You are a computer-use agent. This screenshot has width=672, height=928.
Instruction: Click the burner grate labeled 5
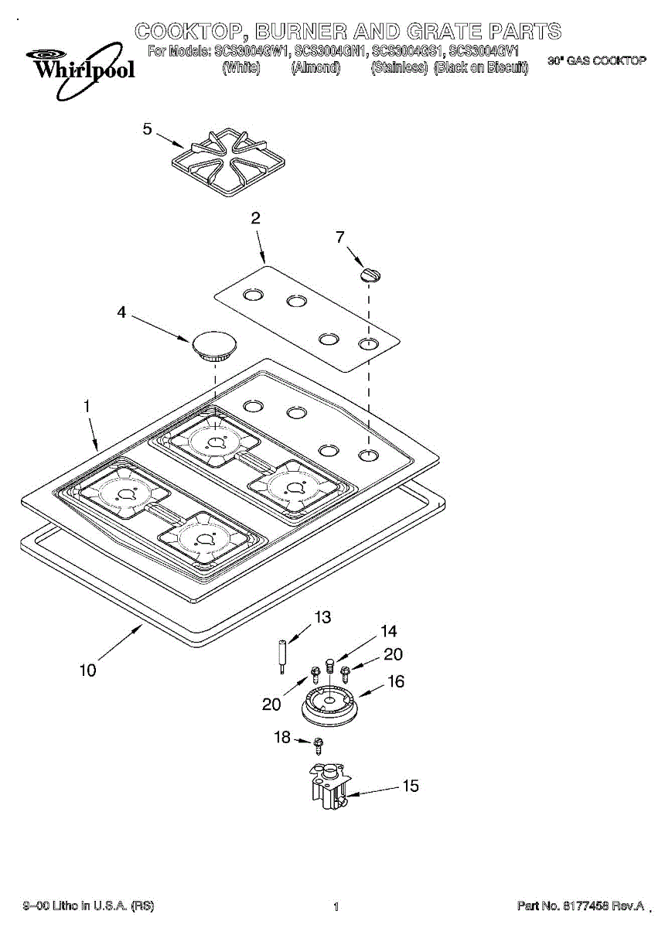click(x=223, y=162)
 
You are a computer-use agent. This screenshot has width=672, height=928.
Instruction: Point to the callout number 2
click(x=256, y=219)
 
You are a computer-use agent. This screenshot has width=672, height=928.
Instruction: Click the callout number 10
click(x=87, y=670)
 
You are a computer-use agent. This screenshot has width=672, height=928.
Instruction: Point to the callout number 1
click(x=87, y=404)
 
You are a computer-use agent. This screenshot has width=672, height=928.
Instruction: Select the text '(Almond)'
click(x=316, y=68)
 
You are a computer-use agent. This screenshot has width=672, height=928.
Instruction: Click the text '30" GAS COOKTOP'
click(x=596, y=60)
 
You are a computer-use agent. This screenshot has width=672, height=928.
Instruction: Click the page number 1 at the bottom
click(x=336, y=907)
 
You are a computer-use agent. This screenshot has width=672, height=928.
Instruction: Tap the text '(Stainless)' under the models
click(x=399, y=68)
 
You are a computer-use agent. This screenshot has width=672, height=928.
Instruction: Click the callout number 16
click(x=396, y=682)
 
